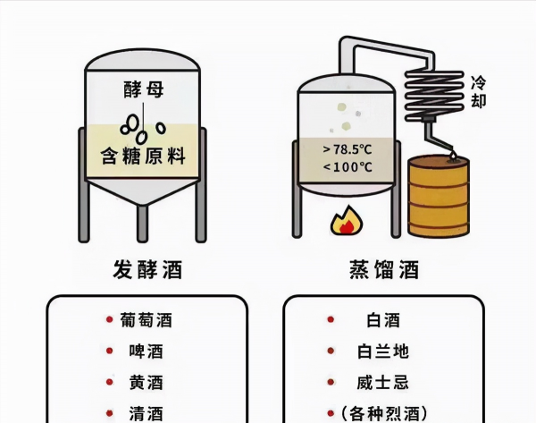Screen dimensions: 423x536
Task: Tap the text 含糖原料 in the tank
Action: [142, 157]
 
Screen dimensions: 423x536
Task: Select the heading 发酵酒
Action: [142, 269]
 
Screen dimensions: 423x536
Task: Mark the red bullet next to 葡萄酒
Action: [107, 318]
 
